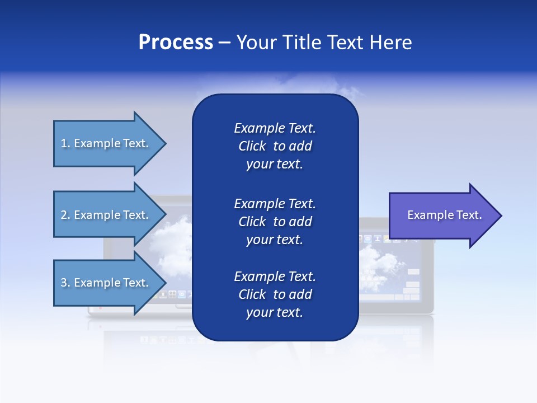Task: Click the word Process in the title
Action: point(176,43)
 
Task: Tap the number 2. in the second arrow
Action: point(65,215)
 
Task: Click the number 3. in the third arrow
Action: point(65,283)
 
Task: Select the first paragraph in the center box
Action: point(275,146)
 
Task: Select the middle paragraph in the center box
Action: point(275,222)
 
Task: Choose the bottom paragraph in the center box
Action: point(275,294)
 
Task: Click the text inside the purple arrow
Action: point(445,215)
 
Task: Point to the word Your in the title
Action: point(257,43)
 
